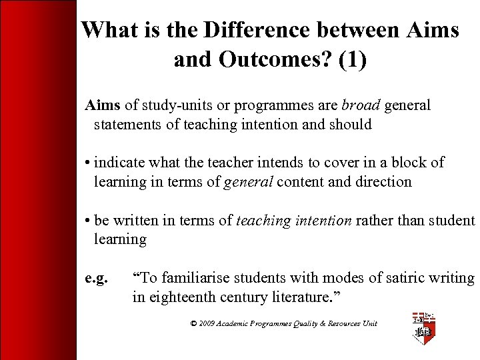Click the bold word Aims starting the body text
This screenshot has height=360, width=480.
pyautogui.click(x=103, y=105)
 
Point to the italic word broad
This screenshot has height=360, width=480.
pyautogui.click(x=360, y=105)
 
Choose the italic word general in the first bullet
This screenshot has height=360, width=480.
pyautogui.click(x=247, y=181)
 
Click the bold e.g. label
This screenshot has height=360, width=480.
pyautogui.click(x=96, y=278)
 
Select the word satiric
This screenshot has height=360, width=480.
pyautogui.click(x=403, y=278)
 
